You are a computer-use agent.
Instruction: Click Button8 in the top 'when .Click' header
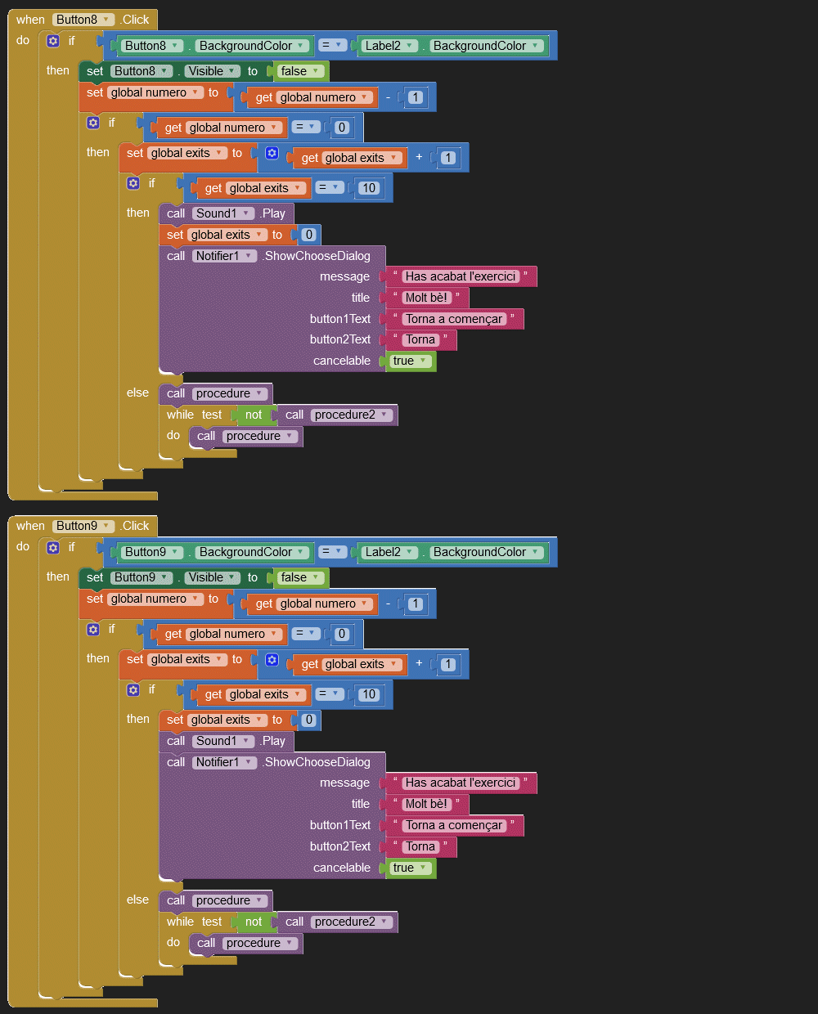[83, 20]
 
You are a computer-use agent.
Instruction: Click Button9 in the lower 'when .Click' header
[83, 526]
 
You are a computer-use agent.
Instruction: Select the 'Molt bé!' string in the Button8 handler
[426, 298]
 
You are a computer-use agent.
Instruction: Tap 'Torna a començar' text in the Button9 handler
[454, 825]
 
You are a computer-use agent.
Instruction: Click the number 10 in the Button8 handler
[369, 188]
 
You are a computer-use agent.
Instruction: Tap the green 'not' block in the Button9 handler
[254, 922]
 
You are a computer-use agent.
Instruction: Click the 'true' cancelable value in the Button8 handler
[410, 361]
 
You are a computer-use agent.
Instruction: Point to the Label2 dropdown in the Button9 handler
[389, 552]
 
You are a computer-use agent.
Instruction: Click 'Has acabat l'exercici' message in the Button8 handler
[461, 276]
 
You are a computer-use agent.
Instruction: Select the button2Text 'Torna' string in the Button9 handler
[420, 846]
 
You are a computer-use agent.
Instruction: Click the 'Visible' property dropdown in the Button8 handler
[211, 71]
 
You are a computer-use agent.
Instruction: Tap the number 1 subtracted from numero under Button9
[416, 603]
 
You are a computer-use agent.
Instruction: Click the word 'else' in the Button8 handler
[137, 393]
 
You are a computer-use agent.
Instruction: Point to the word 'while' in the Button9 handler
[180, 922]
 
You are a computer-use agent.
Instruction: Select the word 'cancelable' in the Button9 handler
[342, 868]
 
